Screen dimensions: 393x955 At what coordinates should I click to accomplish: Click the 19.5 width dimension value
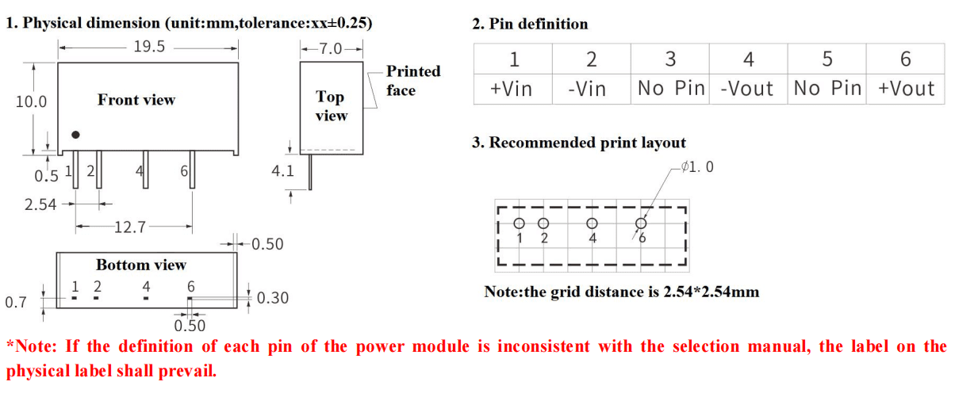149,47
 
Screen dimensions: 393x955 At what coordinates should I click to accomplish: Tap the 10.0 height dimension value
31,101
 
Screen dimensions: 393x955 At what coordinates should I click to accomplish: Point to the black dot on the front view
75,135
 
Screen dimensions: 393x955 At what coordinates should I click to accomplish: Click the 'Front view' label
136,100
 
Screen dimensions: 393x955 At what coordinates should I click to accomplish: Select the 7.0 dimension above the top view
331,49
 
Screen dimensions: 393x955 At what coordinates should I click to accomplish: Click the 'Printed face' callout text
412,80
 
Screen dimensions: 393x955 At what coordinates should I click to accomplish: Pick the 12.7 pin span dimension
129,228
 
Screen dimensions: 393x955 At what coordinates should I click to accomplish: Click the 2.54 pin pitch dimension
40,204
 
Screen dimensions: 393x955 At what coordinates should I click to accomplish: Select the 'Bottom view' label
141,265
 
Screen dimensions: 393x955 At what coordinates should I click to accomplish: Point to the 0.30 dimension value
272,298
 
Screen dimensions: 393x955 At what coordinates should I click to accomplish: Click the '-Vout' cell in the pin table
746,88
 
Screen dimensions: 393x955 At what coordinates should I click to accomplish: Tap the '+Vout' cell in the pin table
906,88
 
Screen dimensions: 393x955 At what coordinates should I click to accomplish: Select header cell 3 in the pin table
670,59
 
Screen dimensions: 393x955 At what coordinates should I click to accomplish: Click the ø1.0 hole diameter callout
697,167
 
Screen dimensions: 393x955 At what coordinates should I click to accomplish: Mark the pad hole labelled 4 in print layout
592,223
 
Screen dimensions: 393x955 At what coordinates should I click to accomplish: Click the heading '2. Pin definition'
530,24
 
